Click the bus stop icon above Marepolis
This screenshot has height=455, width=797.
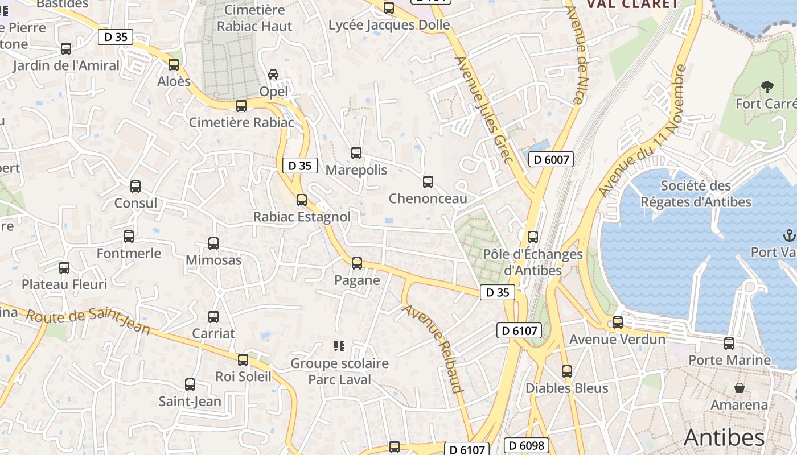point(356,153)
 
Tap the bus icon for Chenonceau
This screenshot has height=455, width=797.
point(428,182)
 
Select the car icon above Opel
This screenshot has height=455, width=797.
point(273,75)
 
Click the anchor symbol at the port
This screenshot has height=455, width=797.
point(789,235)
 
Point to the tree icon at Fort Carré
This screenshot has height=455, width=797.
point(767,87)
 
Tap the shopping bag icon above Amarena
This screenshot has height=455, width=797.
point(740,388)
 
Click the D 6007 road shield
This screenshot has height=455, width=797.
point(550,159)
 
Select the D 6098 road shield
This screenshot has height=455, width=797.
point(527,445)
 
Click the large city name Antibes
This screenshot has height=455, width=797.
point(724,437)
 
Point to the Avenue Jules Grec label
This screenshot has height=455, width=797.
point(484,110)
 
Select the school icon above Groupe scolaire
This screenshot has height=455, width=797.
point(340,346)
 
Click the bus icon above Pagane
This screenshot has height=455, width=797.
point(357,263)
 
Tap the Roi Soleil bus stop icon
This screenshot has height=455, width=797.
point(243,359)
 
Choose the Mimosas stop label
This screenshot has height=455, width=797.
point(213,260)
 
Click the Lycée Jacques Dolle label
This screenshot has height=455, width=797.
point(389,25)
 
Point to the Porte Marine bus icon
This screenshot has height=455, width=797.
point(729,344)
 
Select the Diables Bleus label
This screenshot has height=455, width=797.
point(566,388)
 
